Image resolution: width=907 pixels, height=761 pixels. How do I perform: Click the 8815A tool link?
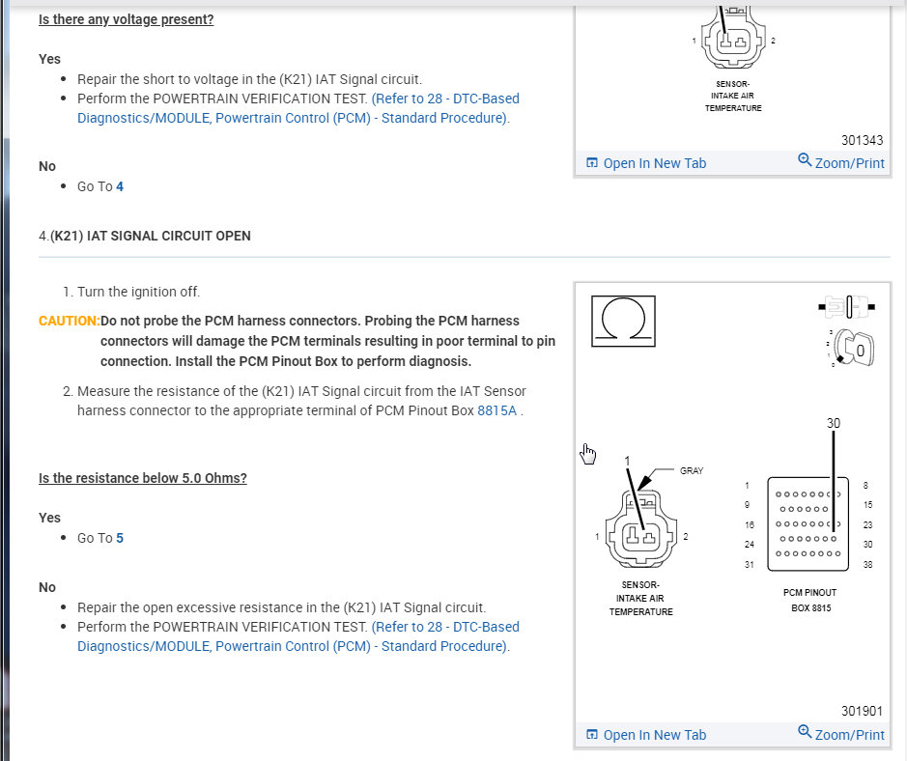497,410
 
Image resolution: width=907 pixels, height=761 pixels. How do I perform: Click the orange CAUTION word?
69,321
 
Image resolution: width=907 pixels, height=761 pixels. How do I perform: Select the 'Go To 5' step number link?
120,538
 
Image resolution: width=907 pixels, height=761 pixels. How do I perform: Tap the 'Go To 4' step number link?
120,186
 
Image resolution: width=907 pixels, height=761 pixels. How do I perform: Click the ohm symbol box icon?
623,321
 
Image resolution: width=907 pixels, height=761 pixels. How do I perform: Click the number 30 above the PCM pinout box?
834,423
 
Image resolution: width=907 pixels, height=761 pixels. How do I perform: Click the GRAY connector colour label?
692,471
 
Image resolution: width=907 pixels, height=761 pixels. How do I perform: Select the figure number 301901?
862,711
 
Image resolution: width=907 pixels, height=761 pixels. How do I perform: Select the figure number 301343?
862,140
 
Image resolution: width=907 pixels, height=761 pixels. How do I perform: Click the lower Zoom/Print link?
840,734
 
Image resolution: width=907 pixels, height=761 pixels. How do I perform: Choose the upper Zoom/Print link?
840,162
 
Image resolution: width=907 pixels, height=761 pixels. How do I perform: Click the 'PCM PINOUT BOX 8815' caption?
809,600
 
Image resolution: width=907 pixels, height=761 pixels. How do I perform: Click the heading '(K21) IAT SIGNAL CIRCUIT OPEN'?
151,236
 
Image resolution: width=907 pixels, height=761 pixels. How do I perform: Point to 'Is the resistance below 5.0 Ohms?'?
143,478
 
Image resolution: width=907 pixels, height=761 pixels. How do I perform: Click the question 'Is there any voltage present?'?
127,19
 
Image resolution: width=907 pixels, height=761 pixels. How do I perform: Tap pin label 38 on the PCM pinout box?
867,565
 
